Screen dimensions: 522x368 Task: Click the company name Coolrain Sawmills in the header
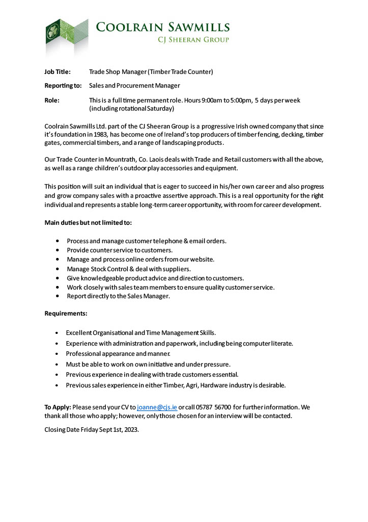162,27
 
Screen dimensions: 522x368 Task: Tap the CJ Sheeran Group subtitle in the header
194,40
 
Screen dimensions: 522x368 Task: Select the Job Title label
58,72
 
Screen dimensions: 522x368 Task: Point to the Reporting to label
63,86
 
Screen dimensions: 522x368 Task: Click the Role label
52,100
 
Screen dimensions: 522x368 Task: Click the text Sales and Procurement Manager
134,86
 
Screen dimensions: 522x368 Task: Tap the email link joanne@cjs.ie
157,407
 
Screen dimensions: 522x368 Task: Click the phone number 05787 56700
213,407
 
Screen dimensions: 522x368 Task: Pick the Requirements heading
66,313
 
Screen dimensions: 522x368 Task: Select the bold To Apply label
58,407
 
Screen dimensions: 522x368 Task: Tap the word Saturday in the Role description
160,109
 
